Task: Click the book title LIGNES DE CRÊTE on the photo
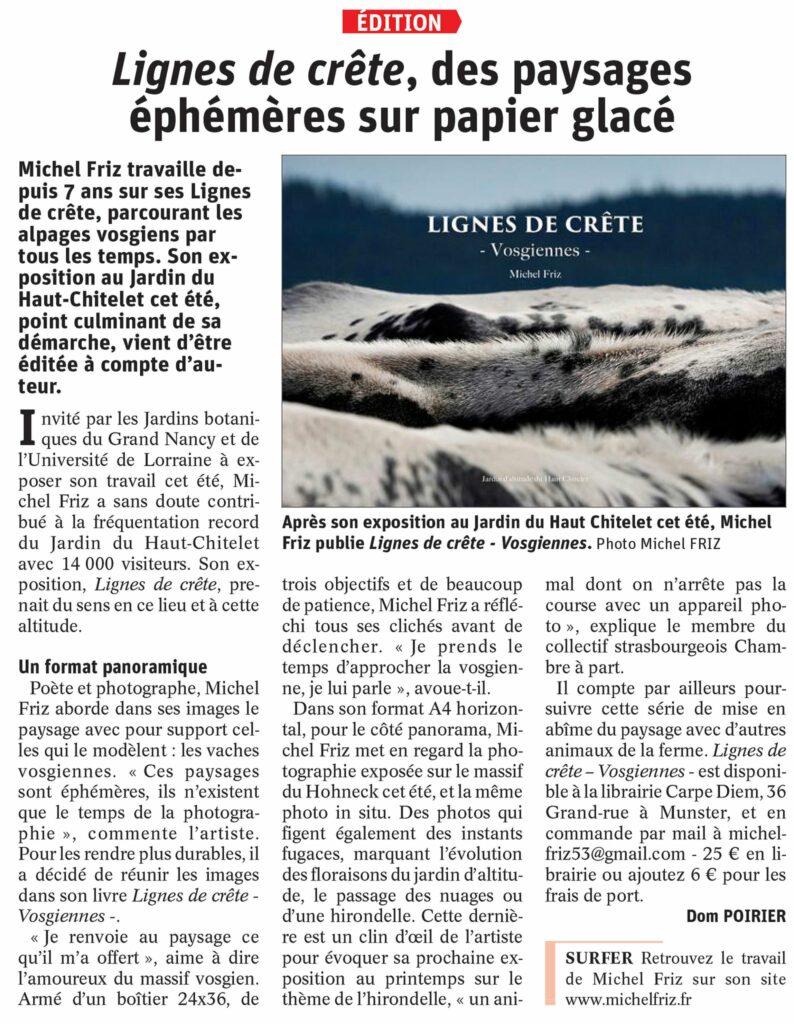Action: coord(534,223)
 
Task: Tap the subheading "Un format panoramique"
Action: coord(113,666)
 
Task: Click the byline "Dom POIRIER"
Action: coord(736,915)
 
